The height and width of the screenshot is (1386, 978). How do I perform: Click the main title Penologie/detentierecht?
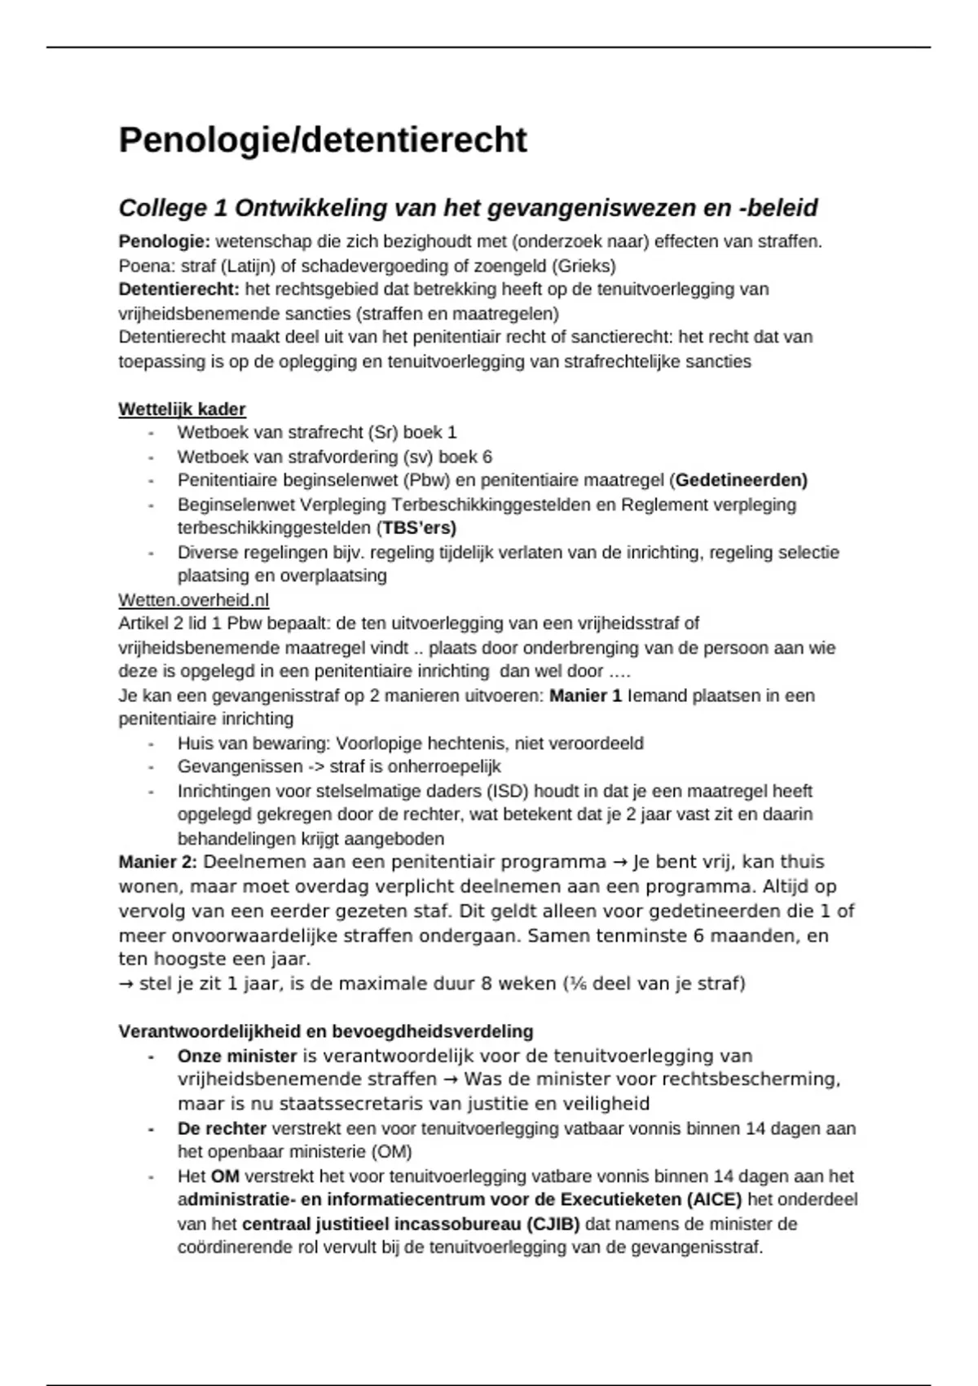pos(323,140)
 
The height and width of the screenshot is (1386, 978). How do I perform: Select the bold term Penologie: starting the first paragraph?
pos(164,241)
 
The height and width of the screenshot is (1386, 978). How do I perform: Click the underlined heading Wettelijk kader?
pos(182,409)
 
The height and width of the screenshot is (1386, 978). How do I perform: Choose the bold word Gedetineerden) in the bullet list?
pos(741,480)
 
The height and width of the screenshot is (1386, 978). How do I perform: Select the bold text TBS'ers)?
pos(419,527)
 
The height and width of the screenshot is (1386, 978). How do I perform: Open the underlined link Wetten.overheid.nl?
pos(193,600)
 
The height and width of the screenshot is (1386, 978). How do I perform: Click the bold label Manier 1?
pos(585,695)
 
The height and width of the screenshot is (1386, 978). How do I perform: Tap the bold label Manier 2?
pos(157,863)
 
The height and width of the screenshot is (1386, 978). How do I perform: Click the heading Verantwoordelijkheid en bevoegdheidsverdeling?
pos(325,1031)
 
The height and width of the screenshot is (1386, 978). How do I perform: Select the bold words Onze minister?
pos(236,1056)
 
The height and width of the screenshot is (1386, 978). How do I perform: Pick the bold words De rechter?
pos(222,1128)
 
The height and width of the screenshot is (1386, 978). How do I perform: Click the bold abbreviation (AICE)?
pos(714,1199)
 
